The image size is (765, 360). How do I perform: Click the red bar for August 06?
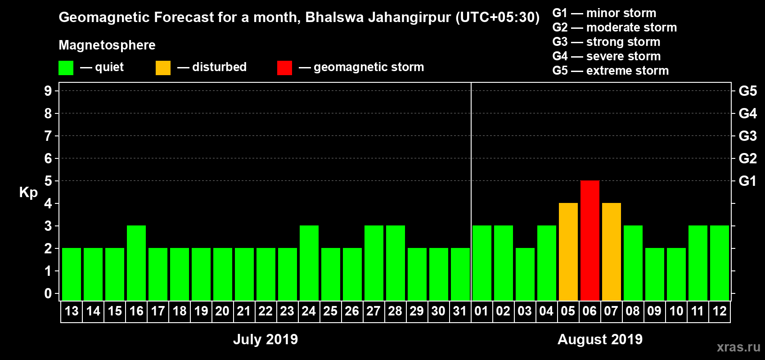pyautogui.click(x=589, y=240)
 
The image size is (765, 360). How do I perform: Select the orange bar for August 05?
pyautogui.click(x=568, y=252)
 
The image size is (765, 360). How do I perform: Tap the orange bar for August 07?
pyautogui.click(x=611, y=252)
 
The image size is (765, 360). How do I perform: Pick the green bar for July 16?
pyautogui.click(x=136, y=263)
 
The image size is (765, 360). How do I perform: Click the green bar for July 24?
pyautogui.click(x=309, y=263)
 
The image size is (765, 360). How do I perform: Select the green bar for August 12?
pyautogui.click(x=719, y=263)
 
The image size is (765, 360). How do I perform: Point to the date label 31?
pyautogui.click(x=460, y=311)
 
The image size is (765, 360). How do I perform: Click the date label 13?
pyautogui.click(x=72, y=311)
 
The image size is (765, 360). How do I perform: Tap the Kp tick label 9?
pyautogui.click(x=48, y=91)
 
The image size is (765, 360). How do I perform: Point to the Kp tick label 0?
pyautogui.click(x=48, y=293)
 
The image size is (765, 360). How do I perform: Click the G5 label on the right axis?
pyautogui.click(x=747, y=91)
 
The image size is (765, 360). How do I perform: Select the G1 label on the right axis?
pyautogui.click(x=747, y=181)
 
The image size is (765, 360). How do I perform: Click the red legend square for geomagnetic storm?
pyautogui.click(x=284, y=68)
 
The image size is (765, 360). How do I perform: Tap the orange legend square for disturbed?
pyautogui.click(x=163, y=68)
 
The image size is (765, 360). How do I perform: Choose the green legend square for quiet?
pyautogui.click(x=66, y=68)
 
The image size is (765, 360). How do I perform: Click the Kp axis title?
pyautogui.click(x=28, y=193)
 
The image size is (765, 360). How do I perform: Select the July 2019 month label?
pyautogui.click(x=265, y=339)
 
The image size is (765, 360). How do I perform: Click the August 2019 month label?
pyautogui.click(x=600, y=339)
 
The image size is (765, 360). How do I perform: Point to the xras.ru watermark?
pyautogui.click(x=738, y=347)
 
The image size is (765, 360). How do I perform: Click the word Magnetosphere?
pyautogui.click(x=107, y=45)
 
